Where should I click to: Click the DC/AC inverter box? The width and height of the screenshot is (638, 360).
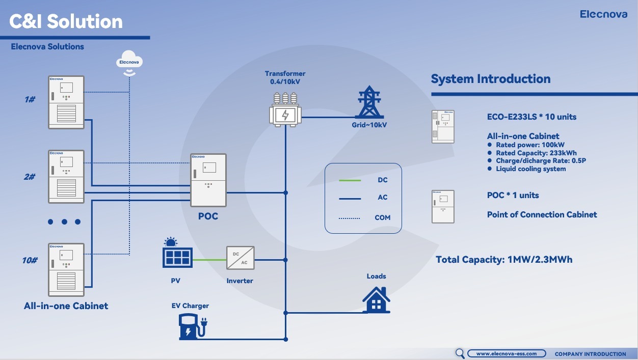click(x=240, y=258)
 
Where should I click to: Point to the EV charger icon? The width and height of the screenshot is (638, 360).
click(x=192, y=326)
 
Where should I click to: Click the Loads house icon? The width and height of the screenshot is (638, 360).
click(x=376, y=300)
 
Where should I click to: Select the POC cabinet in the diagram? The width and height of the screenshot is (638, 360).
click(x=208, y=180)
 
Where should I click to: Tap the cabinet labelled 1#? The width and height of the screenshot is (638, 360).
click(x=66, y=102)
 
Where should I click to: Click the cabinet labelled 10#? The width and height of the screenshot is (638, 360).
click(x=66, y=269)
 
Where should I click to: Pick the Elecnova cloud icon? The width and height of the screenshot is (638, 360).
click(x=129, y=62)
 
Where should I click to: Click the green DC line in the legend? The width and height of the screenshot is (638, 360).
click(x=350, y=180)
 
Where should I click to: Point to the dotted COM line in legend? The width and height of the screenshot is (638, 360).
click(x=350, y=218)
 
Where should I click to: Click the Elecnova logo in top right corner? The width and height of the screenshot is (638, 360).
click(x=603, y=14)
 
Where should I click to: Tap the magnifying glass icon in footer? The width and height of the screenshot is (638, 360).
click(x=460, y=353)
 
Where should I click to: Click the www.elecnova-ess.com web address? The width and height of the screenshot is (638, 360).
click(x=506, y=353)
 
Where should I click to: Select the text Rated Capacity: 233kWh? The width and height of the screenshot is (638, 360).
click(x=536, y=153)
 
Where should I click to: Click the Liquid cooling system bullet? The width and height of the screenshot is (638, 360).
click(x=530, y=169)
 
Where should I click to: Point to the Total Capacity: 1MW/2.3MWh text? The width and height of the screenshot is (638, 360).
click(x=504, y=260)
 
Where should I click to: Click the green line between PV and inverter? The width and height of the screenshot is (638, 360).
click(x=209, y=260)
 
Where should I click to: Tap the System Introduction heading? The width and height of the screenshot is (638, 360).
click(x=491, y=79)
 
